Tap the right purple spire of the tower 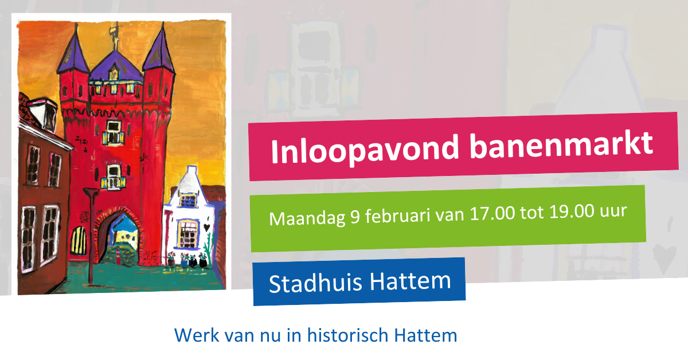[159, 53]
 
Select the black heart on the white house [205, 228]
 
